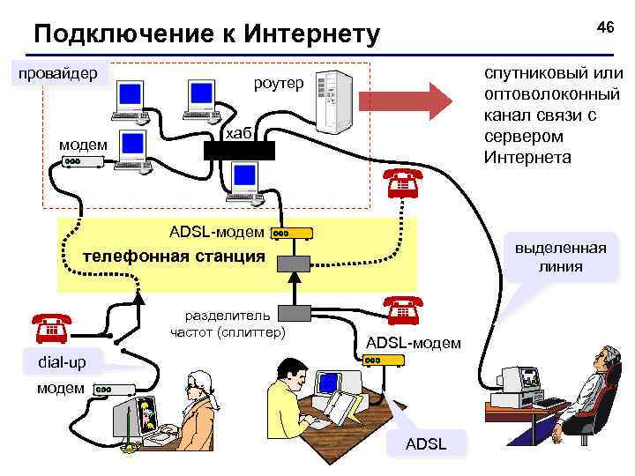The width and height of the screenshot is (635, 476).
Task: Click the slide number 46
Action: pos(604,26)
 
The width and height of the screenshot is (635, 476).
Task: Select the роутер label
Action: pos(278,84)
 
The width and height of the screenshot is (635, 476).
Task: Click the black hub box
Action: pos(240,150)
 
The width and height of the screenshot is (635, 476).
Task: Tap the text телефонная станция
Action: pos(173,257)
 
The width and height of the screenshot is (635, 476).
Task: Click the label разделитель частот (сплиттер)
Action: pos(228,324)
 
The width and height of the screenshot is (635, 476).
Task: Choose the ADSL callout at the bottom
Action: pos(425,443)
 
